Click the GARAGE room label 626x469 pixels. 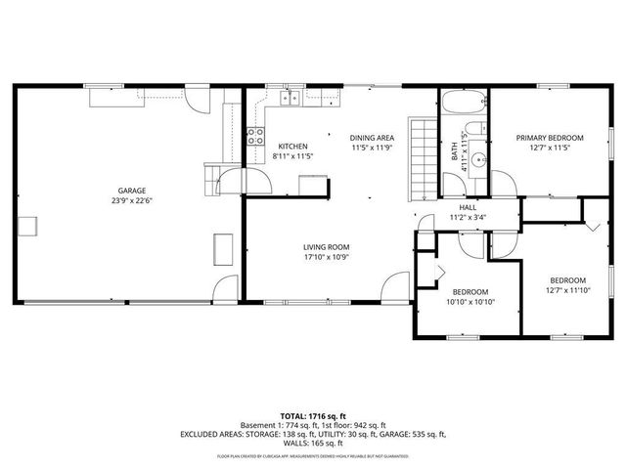[x=133, y=191]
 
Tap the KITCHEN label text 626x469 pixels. [x=292, y=146]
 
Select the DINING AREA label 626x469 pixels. [x=372, y=139]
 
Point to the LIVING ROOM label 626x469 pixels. [x=326, y=247]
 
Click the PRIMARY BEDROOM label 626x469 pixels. [x=550, y=138]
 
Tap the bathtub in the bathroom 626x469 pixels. [x=461, y=104]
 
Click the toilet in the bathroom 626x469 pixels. [x=474, y=133]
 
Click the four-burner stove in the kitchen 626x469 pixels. [x=256, y=137]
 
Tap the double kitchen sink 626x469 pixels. [x=291, y=97]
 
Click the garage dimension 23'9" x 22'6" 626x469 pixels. [x=133, y=201]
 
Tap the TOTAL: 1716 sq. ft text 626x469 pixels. [x=312, y=416]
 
